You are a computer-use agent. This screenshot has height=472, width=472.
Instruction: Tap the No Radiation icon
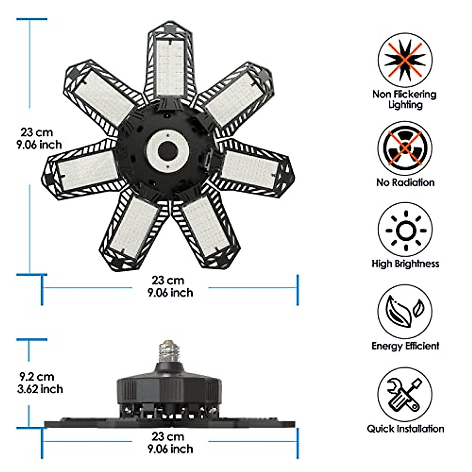[x=405, y=148]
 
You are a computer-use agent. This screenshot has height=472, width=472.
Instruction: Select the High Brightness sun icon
[x=405, y=230]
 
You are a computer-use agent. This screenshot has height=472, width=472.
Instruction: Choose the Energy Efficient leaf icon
[x=405, y=312]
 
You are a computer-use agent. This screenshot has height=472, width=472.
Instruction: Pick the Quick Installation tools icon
[x=405, y=396]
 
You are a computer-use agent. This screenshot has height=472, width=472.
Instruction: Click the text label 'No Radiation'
[x=405, y=183]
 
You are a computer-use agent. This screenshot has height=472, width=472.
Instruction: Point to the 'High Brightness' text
[x=405, y=264]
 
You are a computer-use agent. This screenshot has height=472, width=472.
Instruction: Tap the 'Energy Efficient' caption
[x=405, y=346]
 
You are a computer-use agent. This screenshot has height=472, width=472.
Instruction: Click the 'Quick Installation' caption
[x=405, y=428]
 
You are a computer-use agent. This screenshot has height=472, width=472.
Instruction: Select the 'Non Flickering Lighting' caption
[x=405, y=99]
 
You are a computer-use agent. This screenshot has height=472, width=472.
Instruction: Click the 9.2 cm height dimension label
[x=41, y=383]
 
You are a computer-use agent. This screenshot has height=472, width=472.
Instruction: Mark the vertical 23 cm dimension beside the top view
[x=41, y=138]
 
